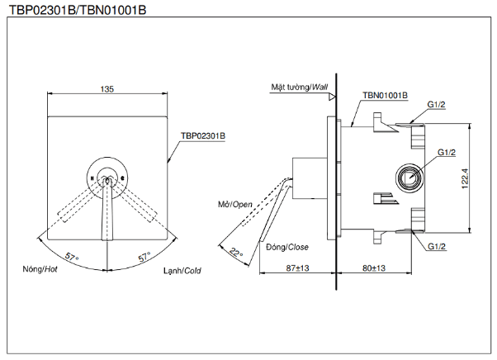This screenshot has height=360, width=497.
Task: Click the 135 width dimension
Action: point(106,88)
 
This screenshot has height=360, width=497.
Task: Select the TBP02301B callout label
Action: point(203,135)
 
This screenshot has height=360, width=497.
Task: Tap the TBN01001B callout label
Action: point(385,95)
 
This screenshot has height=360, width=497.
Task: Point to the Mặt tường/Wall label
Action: point(298,87)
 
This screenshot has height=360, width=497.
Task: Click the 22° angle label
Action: point(236,253)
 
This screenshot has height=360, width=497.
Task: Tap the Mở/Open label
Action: point(235,204)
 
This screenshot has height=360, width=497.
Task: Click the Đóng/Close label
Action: point(286,247)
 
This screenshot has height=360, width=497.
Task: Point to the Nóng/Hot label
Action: point(39,270)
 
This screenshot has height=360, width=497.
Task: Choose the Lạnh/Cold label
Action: point(182,270)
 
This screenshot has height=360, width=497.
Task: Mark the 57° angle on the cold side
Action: point(144,258)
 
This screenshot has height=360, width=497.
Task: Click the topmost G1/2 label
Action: point(437,104)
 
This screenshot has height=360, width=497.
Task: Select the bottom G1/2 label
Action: point(437,247)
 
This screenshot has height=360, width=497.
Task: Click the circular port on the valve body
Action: point(409,175)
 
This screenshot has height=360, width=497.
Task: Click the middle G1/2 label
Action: point(447,153)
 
